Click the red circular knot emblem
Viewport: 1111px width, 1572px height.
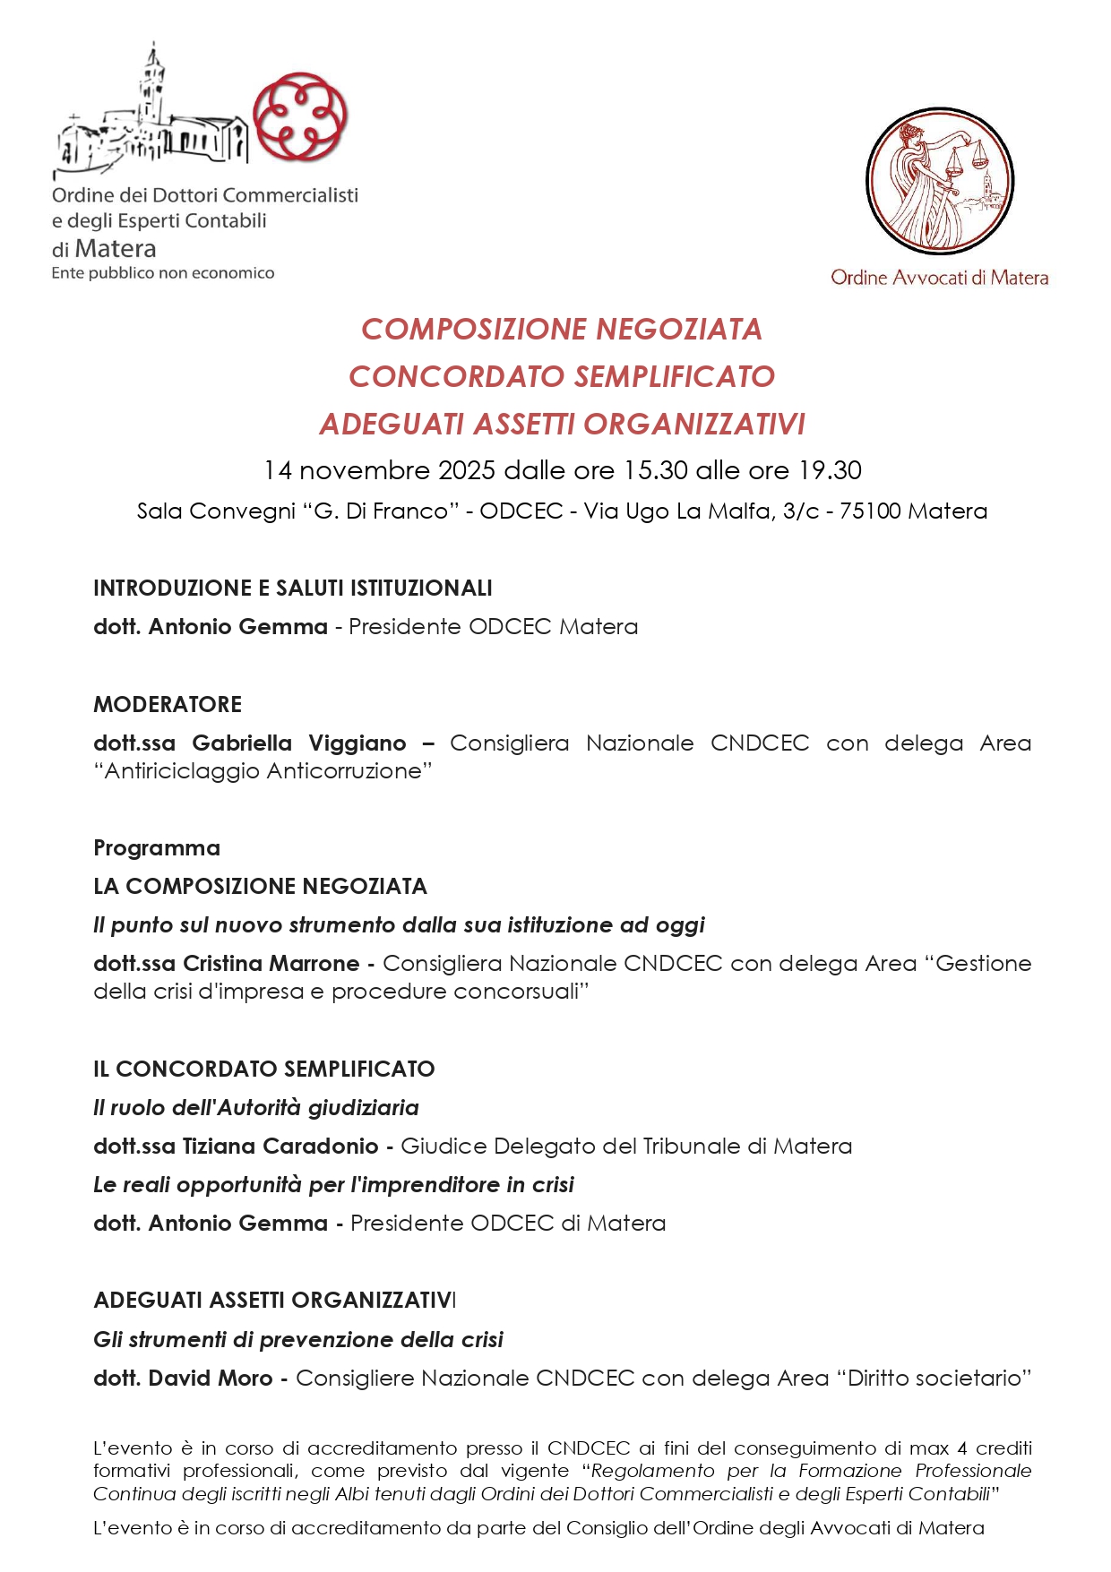coord(300,117)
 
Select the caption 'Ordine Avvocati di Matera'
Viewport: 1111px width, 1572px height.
coord(939,278)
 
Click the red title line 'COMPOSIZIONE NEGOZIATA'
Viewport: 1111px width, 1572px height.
coord(562,330)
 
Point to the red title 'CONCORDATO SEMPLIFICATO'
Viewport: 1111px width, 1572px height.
coord(562,376)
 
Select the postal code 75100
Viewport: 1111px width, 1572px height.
coord(869,511)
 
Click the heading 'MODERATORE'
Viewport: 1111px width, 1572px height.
coord(168,704)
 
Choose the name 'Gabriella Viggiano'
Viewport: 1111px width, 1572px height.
coord(299,743)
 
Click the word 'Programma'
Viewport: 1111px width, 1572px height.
coord(157,847)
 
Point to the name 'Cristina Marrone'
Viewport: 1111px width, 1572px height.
coord(271,963)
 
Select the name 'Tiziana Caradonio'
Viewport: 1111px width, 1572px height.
coord(280,1146)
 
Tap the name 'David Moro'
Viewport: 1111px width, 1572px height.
coord(211,1378)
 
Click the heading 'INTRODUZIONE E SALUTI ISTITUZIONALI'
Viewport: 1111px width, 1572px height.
coord(293,588)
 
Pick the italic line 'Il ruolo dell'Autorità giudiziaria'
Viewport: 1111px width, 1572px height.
coord(256,1107)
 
